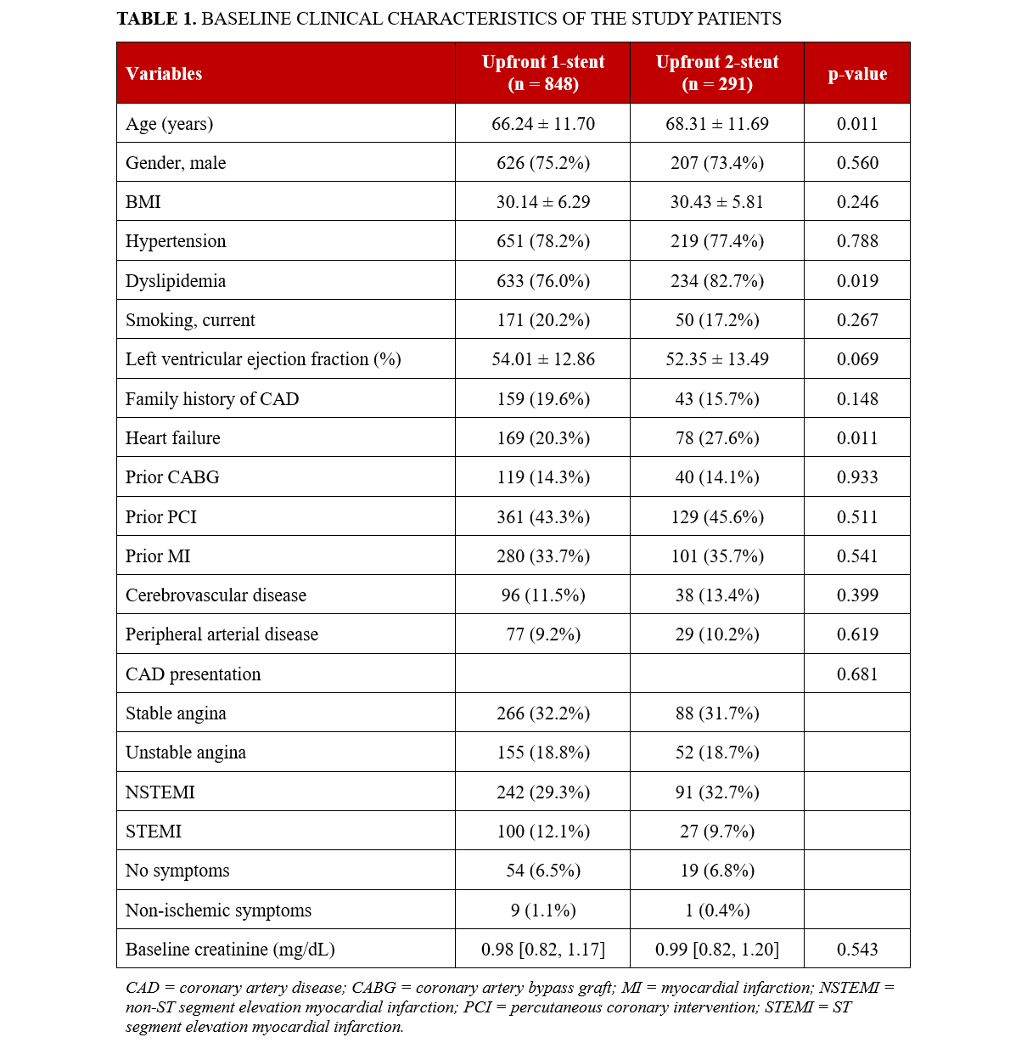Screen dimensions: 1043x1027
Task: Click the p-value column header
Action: [x=857, y=74]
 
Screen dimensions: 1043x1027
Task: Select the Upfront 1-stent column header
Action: [x=543, y=73]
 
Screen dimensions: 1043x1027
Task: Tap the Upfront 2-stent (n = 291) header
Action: [x=717, y=73]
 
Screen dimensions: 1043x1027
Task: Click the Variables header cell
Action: [x=164, y=74]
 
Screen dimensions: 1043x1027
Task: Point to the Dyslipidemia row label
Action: [x=176, y=281]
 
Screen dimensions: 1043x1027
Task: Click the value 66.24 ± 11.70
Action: [x=543, y=124]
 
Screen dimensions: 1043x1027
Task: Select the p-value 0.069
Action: [x=857, y=359]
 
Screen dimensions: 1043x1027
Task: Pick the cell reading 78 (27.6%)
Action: [x=717, y=438]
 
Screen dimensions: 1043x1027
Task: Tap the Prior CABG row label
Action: [x=172, y=477]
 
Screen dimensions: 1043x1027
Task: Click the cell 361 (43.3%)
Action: [x=543, y=517]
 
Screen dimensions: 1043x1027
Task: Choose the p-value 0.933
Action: [x=857, y=477]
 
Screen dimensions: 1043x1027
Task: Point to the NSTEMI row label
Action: [x=160, y=792]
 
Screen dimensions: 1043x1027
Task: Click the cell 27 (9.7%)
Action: [x=717, y=832]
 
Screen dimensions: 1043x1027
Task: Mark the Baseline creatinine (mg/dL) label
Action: [x=230, y=950]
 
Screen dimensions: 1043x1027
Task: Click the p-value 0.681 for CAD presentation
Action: [x=857, y=674]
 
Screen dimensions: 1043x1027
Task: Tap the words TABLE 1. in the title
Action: [x=156, y=19]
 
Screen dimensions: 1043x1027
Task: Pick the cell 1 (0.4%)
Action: [x=717, y=911]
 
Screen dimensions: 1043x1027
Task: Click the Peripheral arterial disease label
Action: [x=222, y=634]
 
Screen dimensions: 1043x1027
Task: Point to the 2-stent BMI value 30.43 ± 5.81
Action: [x=717, y=202]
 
